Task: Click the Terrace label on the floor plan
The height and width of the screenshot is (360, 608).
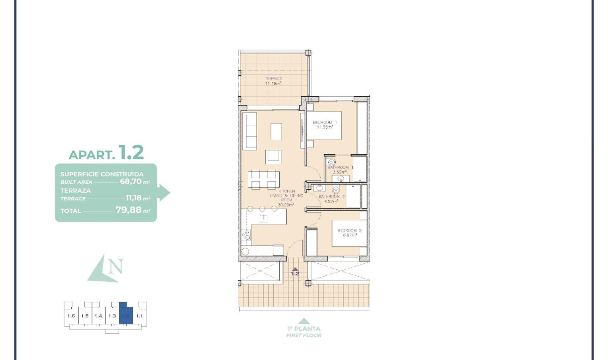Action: [274, 79]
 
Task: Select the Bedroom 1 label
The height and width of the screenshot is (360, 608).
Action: [325, 122]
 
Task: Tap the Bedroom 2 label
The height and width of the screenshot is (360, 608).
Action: [349, 230]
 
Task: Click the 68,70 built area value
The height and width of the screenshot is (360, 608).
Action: [130, 182]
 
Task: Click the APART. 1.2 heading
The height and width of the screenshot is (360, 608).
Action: [106, 153]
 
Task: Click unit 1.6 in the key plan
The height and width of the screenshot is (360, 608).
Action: [71, 316]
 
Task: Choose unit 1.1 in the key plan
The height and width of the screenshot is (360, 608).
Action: [140, 316]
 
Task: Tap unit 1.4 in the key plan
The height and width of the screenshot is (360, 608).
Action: [98, 316]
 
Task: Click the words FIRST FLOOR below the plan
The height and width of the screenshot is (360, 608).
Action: [303, 335]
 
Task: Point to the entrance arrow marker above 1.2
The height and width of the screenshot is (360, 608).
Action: [295, 268]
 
